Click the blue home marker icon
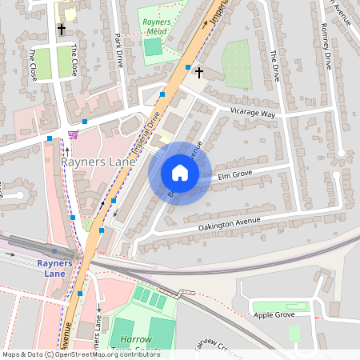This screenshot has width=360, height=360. point(180,173)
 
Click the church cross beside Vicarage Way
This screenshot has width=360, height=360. point(199,73)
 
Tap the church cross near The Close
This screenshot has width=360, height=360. point(61,29)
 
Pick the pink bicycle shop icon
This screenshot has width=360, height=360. point(74,134)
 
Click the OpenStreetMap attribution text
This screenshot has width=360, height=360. point(81,354)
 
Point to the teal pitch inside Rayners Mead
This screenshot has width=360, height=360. point(153,46)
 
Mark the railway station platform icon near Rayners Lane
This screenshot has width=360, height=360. point(54,252)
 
